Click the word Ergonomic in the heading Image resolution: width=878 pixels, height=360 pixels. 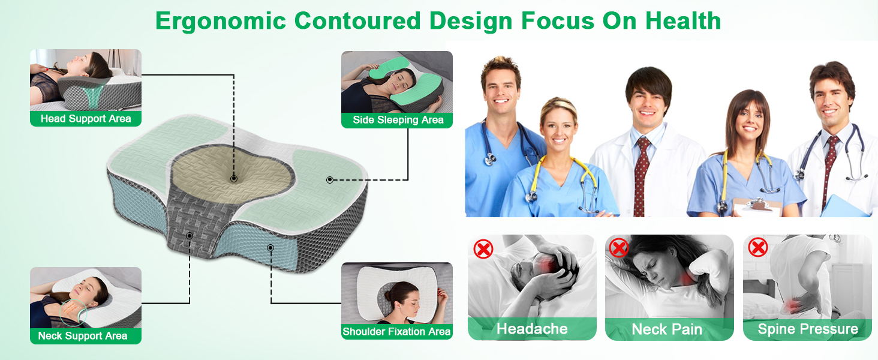[221, 21]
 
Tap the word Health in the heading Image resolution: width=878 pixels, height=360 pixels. [683, 21]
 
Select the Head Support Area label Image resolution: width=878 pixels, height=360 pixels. [86, 118]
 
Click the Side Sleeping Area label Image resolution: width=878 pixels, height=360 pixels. [398, 119]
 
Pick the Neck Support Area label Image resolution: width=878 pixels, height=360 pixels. [83, 335]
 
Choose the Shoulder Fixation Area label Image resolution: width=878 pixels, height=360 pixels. [396, 331]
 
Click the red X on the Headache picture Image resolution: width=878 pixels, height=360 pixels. [483, 249]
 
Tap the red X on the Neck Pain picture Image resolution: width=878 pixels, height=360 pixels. [618, 248]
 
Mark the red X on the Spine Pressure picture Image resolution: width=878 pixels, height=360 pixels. [758, 247]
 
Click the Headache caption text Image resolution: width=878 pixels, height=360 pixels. [532, 329]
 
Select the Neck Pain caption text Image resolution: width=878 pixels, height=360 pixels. [667, 329]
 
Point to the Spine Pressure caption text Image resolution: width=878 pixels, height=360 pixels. [808, 329]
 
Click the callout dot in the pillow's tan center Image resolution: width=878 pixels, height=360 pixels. [234, 179]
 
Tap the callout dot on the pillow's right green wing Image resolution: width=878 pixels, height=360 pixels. [330, 179]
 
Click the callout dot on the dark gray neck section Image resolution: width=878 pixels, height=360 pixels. [190, 236]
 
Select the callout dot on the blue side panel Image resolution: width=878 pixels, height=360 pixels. [270, 247]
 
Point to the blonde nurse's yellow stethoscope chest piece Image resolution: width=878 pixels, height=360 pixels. [531, 197]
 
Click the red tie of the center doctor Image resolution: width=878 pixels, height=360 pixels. [641, 176]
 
